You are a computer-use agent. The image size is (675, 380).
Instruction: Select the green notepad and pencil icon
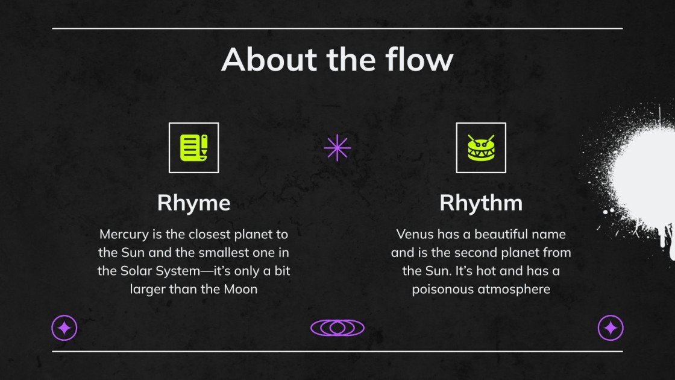(193, 147)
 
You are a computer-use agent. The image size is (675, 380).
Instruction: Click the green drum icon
(480, 148)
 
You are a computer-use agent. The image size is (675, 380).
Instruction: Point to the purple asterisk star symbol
(337, 148)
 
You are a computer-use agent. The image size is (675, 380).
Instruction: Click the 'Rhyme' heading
(193, 203)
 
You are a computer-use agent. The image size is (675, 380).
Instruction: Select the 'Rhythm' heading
(480, 203)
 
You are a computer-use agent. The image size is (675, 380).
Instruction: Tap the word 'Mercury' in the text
(123, 234)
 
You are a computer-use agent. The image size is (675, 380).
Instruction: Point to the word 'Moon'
(240, 289)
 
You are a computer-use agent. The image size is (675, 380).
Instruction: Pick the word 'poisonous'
(441, 289)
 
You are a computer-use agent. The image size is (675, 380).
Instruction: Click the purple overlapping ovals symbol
(337, 328)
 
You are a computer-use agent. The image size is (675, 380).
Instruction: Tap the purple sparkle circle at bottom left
(64, 328)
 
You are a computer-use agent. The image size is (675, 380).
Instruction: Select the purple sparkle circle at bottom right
(610, 328)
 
